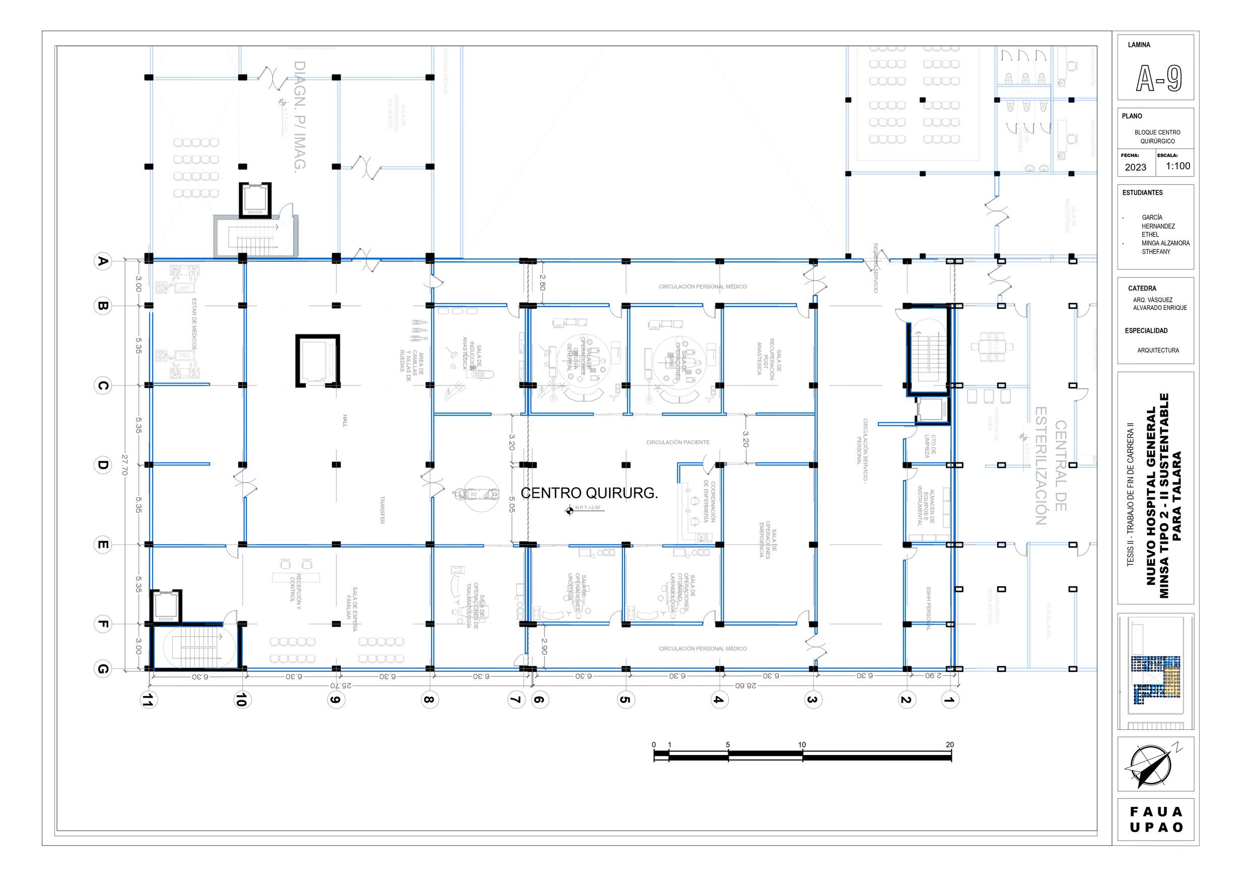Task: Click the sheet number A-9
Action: pyautogui.click(x=1158, y=79)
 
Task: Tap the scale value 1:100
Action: pyautogui.click(x=1177, y=166)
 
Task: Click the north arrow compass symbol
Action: pyautogui.click(x=1151, y=766)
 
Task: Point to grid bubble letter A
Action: pyautogui.click(x=102, y=261)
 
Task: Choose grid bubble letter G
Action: pyautogui.click(x=102, y=669)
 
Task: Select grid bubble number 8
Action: pyautogui.click(x=430, y=700)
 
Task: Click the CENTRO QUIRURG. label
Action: pyautogui.click(x=589, y=493)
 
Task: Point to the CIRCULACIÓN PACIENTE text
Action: pyautogui.click(x=678, y=442)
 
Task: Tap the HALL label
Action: pyautogui.click(x=344, y=421)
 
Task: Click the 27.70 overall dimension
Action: pyautogui.click(x=125, y=465)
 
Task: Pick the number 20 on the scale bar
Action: pyautogui.click(x=950, y=744)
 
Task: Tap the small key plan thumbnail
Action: pyautogui.click(x=1155, y=671)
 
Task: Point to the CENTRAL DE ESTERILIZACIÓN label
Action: pyautogui.click(x=1050, y=465)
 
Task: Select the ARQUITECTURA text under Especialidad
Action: pyautogui.click(x=1158, y=351)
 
